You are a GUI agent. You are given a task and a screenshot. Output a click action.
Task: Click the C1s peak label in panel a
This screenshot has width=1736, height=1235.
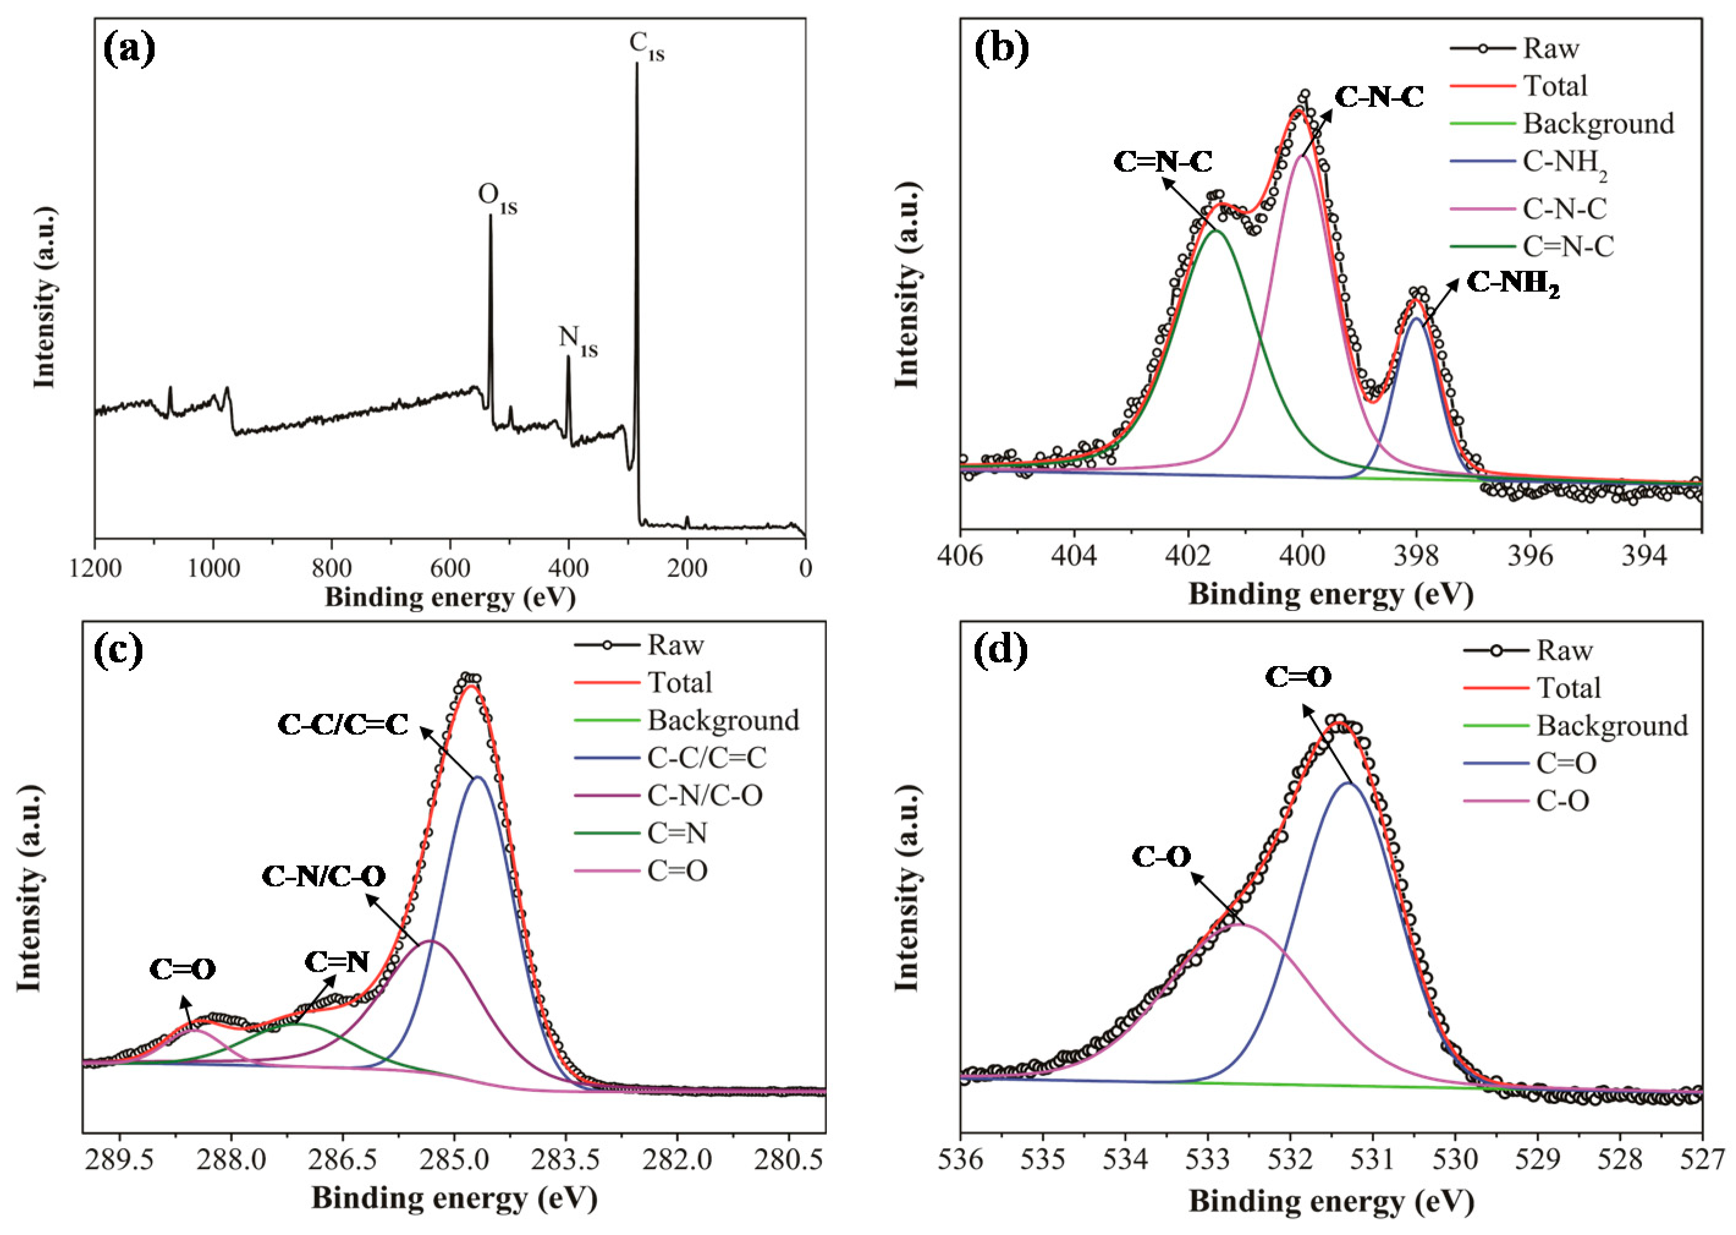pyautogui.click(x=646, y=46)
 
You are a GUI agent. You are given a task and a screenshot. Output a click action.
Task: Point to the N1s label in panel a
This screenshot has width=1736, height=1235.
pyautogui.click(x=578, y=340)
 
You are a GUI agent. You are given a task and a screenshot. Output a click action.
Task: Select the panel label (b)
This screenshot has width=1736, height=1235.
pyautogui.click(x=1002, y=48)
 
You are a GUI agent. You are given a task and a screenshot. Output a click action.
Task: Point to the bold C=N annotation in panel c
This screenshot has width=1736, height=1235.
pyautogui.click(x=337, y=962)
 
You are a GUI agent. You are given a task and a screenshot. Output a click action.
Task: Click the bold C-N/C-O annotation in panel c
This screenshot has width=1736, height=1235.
pyautogui.click(x=323, y=876)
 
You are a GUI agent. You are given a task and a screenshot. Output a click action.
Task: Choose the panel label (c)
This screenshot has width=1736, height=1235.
pyautogui.click(x=118, y=651)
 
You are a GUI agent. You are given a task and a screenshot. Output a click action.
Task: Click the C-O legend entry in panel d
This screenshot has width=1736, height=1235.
pyautogui.click(x=1562, y=801)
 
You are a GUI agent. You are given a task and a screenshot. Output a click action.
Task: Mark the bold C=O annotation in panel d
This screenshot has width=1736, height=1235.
pyautogui.click(x=1298, y=677)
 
